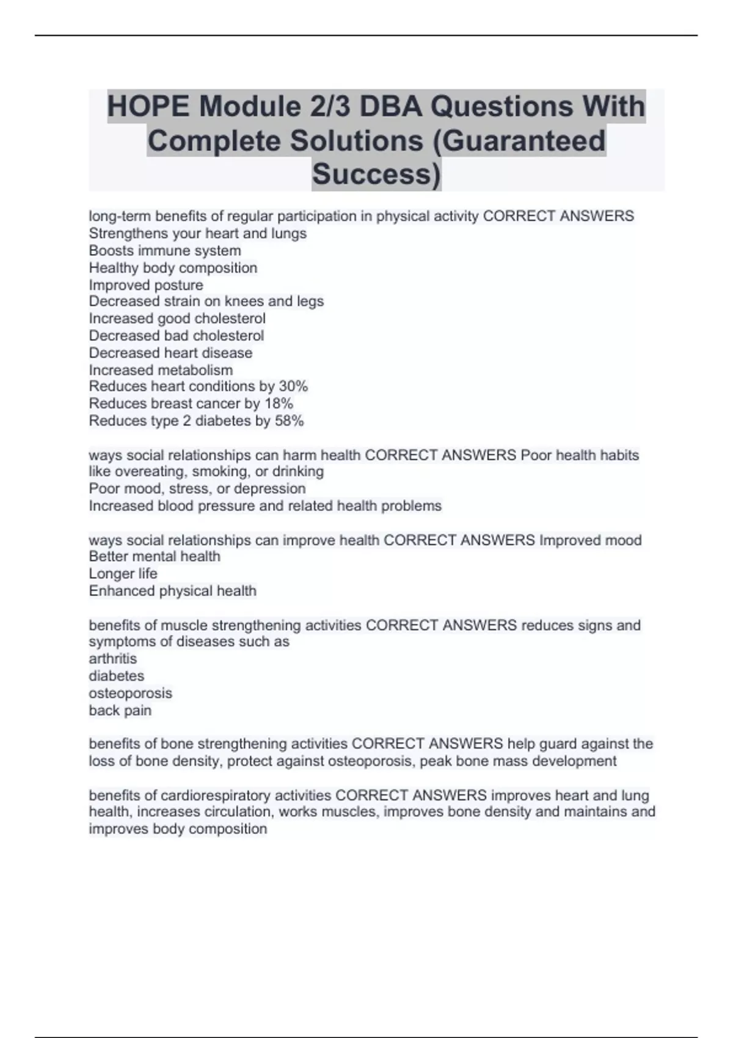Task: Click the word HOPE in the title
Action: tap(148, 106)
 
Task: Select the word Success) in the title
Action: tap(376, 174)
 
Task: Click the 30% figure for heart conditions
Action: tap(293, 387)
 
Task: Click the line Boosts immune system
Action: tap(165, 250)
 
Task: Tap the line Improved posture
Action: tap(146, 285)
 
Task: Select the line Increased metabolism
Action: tap(161, 370)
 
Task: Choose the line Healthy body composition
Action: tap(173, 268)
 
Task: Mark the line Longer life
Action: tap(123, 574)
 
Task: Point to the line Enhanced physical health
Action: tap(172, 591)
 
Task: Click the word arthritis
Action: tap(113, 659)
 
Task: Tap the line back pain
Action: tap(120, 711)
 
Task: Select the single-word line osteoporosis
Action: tap(130, 694)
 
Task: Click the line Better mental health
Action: tap(155, 556)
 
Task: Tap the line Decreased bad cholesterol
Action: tap(177, 336)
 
